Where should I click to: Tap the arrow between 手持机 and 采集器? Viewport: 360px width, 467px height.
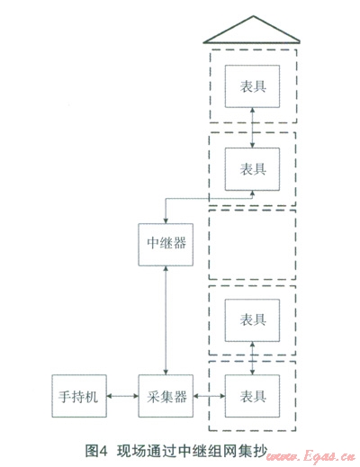pos(122,396)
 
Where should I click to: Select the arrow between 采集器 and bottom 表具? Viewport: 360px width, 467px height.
pos(209,396)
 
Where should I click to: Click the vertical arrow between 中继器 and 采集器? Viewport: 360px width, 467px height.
pos(166,320)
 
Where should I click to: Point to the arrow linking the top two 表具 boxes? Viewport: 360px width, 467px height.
pos(252,128)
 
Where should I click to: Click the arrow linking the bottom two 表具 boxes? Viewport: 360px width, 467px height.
pos(252,358)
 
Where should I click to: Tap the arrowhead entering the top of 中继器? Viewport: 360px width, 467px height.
pos(166,220)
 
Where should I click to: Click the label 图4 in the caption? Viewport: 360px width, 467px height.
pos(96,451)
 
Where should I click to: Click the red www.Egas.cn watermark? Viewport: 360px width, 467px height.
pos(310,457)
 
